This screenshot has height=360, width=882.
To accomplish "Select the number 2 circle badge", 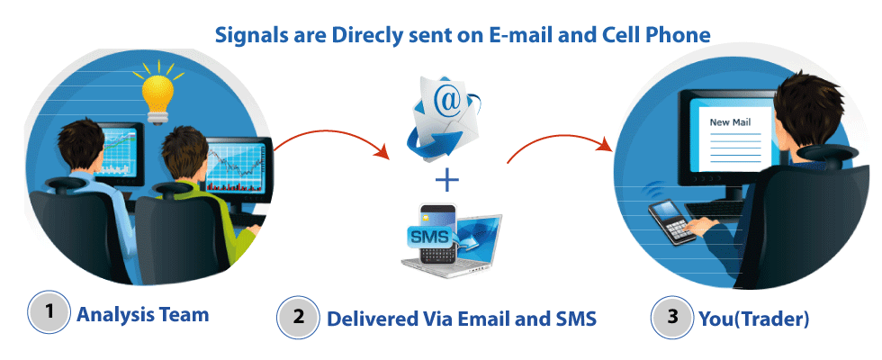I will coord(298,318).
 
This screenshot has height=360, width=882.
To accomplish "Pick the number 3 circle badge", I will coord(670,317).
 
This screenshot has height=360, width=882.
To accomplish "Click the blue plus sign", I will coord(446,180).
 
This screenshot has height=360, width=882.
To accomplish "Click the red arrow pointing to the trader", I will coord(558,144).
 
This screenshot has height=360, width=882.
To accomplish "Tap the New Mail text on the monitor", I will coord(730,122).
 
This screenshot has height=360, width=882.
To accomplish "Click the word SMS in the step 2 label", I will coord(571,319).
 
